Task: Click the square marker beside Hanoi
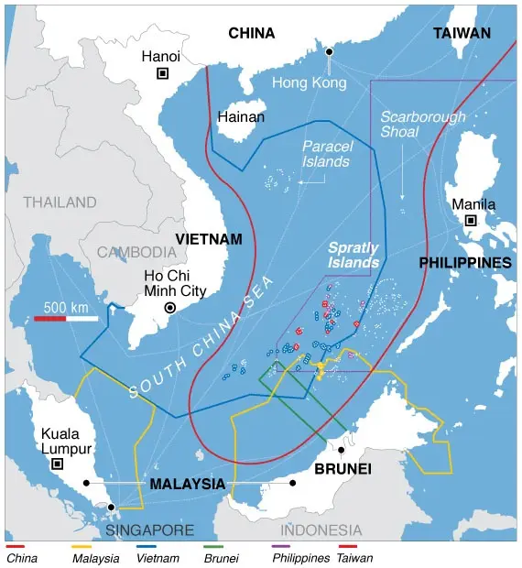(163, 73)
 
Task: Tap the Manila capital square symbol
(471, 221)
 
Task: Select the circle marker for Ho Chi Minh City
(169, 308)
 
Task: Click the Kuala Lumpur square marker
(58, 464)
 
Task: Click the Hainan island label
(241, 117)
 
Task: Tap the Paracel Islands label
(325, 153)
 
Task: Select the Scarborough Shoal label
(423, 125)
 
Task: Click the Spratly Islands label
(353, 255)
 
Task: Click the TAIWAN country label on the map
(462, 33)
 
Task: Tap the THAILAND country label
(60, 202)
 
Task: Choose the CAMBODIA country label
(136, 252)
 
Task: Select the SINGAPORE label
(149, 530)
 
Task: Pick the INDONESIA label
(321, 530)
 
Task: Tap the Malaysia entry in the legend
(94, 556)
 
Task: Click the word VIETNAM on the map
(209, 239)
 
